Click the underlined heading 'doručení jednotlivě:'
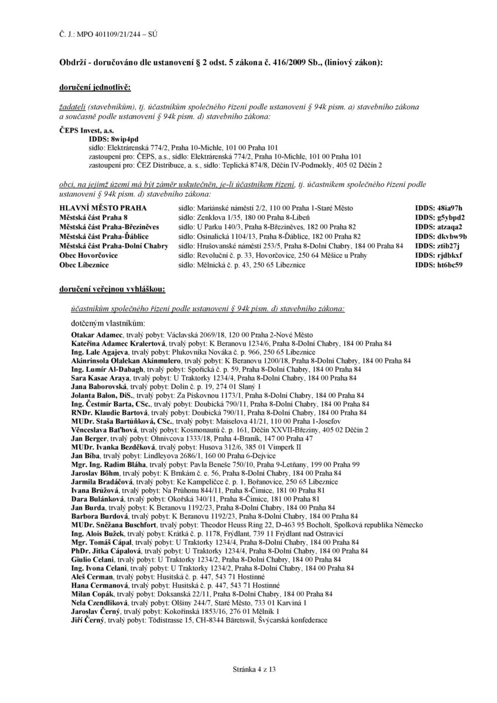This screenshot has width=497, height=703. pyautogui.click(x=95, y=87)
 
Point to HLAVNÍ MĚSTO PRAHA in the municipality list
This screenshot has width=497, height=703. pyautogui.click(x=103, y=208)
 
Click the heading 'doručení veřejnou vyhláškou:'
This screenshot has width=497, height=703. pyautogui.click(x=112, y=289)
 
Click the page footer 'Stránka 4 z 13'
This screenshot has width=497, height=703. pyautogui.click(x=248, y=670)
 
